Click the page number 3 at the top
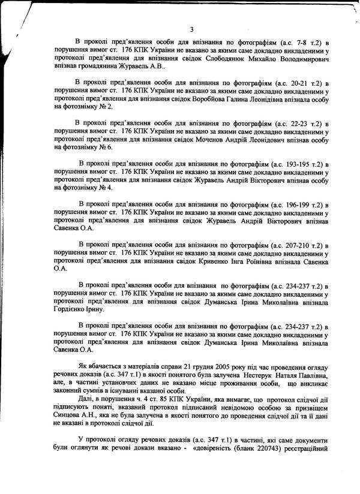pyautogui.click(x=191, y=30)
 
